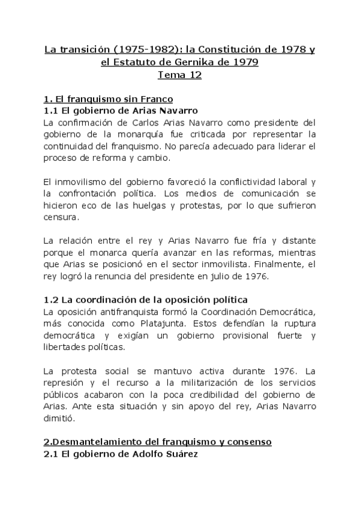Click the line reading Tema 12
click(179, 75)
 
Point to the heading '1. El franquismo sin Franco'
click(109, 99)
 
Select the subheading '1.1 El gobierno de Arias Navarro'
click(121, 110)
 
